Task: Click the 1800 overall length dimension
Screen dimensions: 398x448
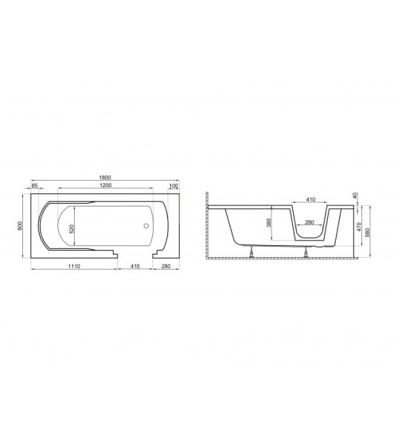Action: click(x=105, y=177)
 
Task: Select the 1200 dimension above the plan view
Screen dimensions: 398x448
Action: click(x=105, y=185)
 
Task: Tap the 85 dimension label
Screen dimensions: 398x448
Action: click(x=34, y=185)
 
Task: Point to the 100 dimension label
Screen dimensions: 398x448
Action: click(x=174, y=186)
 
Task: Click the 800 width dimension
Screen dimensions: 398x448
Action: click(x=20, y=226)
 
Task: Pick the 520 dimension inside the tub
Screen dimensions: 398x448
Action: click(x=72, y=229)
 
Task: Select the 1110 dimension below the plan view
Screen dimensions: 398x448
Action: click(x=74, y=267)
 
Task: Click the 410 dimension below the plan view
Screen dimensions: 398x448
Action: click(x=135, y=267)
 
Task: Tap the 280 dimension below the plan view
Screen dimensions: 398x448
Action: click(x=166, y=267)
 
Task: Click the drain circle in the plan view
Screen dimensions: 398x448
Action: click(x=146, y=226)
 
